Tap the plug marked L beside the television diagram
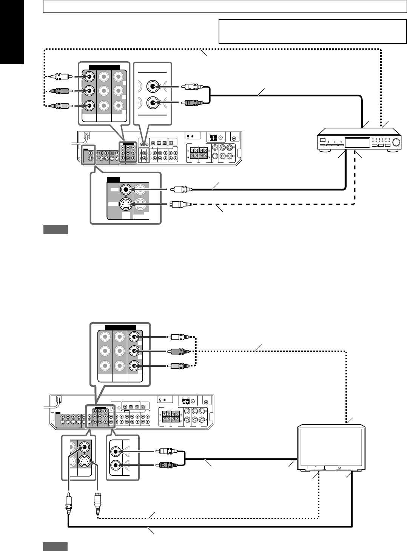(x=166, y=451)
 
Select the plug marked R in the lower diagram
(x=166, y=465)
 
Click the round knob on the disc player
(x=395, y=143)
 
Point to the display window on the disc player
(x=357, y=143)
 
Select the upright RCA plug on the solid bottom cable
(x=68, y=503)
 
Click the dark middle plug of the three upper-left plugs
(x=60, y=91)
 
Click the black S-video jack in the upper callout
(x=125, y=205)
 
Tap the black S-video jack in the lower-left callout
(x=85, y=461)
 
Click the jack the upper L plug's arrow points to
(x=153, y=87)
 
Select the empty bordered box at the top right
(x=312, y=32)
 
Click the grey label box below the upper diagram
(x=56, y=230)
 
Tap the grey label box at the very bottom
(x=56, y=546)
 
